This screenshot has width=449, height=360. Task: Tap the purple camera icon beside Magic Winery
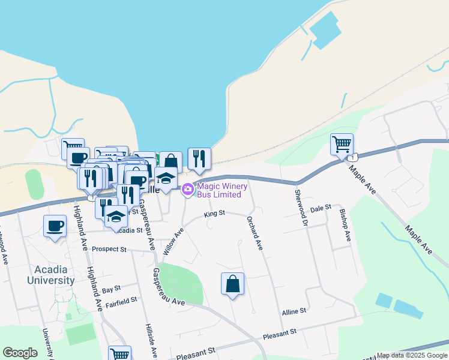[x=187, y=190]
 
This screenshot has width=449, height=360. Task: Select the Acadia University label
[x=50, y=275]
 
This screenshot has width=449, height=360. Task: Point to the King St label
[x=214, y=213]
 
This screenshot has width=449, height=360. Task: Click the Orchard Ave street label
[x=255, y=234]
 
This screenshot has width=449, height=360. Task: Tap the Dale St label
[x=321, y=208]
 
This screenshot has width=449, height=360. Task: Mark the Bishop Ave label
[x=345, y=225]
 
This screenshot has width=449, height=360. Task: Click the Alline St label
[x=294, y=311]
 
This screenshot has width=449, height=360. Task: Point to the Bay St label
[x=112, y=289]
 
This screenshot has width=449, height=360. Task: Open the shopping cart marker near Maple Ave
[x=342, y=144]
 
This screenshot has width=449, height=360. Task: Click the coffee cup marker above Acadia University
[x=55, y=226]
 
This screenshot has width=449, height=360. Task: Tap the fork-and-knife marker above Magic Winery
[x=199, y=159]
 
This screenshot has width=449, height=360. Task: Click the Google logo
[x=20, y=353]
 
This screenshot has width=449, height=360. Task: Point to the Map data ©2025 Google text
[x=412, y=355]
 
